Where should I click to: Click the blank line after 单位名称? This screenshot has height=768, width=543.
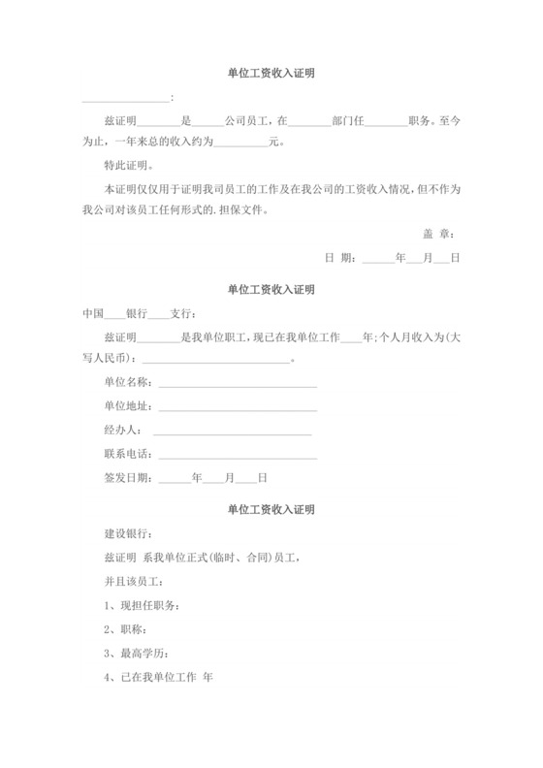(238, 385)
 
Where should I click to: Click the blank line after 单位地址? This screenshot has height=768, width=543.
(238, 408)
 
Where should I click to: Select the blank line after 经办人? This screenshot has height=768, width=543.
(232, 432)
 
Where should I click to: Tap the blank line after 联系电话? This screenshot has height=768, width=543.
(238, 456)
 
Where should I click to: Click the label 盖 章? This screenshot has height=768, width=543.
(439, 234)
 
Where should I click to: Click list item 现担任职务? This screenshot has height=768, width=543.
(141, 605)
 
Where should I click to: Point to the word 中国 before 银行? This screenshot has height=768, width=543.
(92, 313)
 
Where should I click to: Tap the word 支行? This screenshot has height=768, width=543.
(182, 313)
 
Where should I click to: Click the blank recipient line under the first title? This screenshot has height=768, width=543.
(125, 100)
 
